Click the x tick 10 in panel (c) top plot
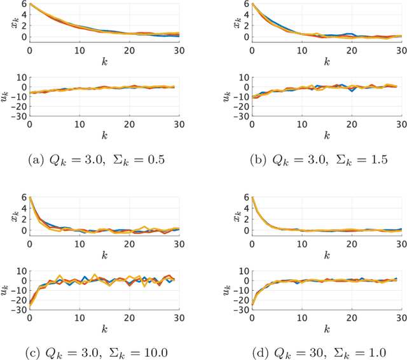pyautogui.click(x=79, y=242)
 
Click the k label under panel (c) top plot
pyautogui.click(x=104, y=253)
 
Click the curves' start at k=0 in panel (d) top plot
pyautogui.click(x=252, y=198)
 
